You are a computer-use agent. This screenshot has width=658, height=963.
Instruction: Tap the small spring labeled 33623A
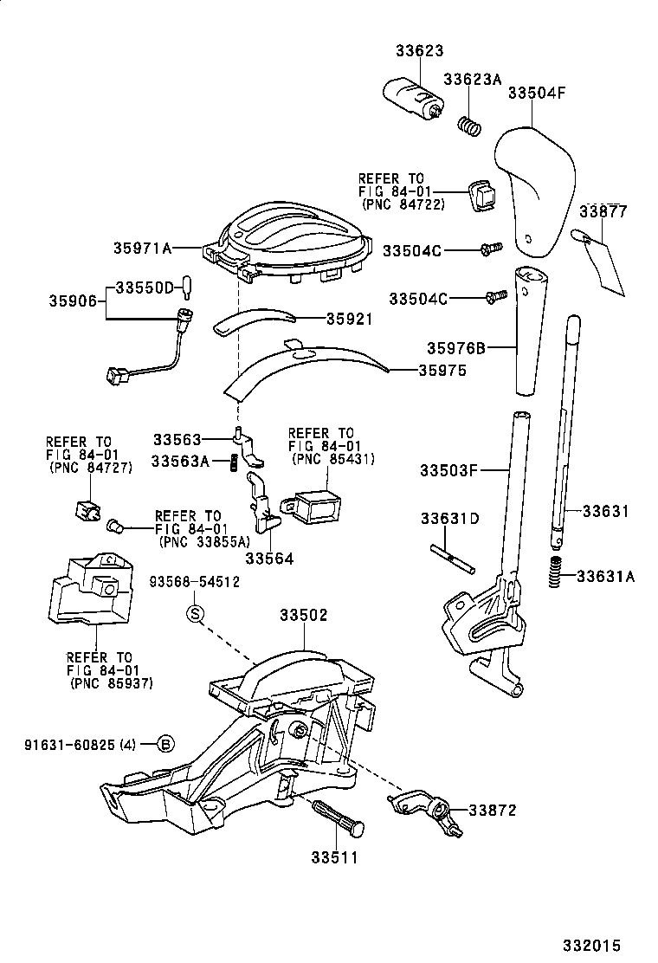point(468,126)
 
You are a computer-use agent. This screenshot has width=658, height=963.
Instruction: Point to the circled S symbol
point(196,615)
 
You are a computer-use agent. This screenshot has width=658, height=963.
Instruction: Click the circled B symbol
point(165,743)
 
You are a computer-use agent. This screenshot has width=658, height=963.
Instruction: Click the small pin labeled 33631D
point(451,559)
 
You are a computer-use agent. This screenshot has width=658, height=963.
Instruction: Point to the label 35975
point(442,370)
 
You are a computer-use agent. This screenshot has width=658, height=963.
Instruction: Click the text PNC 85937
point(111,683)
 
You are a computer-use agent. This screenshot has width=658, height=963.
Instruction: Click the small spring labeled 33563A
point(234,464)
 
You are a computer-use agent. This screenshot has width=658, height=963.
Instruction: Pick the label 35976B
point(455,349)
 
